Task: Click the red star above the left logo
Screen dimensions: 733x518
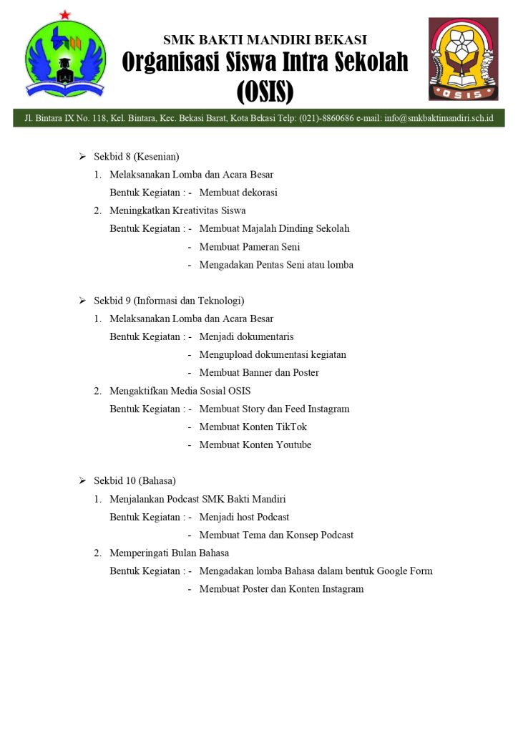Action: (65, 15)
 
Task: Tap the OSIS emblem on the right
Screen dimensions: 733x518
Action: (463, 59)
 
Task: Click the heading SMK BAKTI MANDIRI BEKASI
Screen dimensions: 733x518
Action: (265, 39)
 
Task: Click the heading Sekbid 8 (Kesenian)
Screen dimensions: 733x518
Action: (136, 156)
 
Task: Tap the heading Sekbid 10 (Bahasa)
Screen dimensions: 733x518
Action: (135, 480)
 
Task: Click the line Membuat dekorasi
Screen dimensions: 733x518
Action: (238, 193)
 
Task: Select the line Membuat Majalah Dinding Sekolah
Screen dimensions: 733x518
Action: (274, 229)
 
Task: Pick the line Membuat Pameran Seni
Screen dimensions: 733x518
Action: (250, 247)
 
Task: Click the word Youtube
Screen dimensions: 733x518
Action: (293, 445)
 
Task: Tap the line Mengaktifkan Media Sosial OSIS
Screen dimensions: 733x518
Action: (180, 391)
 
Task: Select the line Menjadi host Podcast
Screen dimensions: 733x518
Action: (244, 517)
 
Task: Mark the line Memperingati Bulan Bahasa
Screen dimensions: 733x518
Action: (169, 553)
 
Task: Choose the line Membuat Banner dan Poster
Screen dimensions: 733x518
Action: (259, 373)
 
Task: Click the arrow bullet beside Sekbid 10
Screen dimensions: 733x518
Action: (82, 480)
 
